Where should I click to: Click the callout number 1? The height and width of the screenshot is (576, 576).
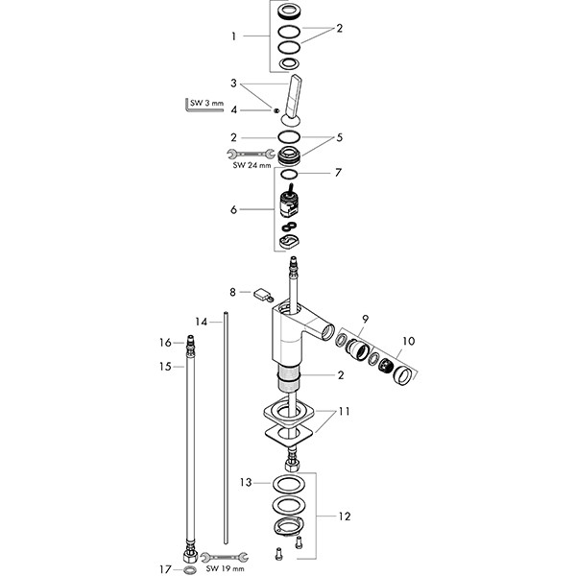click(233, 36)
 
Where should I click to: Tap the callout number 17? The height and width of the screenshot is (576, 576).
click(165, 569)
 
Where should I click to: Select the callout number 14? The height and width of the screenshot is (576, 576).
click(202, 322)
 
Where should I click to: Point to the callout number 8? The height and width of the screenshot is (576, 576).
click(232, 292)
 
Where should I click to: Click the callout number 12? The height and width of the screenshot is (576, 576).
click(345, 516)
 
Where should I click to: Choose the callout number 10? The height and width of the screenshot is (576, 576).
click(409, 341)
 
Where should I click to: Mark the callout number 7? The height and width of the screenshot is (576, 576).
click(338, 172)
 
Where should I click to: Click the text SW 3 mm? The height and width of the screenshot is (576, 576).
click(206, 103)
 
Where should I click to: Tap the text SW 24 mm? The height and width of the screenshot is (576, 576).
click(252, 165)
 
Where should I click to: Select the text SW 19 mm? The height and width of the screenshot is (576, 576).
click(225, 569)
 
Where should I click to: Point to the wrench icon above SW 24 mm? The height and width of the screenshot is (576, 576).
click(251, 154)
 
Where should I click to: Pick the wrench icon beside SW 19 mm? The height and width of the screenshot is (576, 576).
click(225, 557)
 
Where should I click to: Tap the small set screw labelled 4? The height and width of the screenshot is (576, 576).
click(276, 110)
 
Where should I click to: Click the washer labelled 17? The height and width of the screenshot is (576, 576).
click(189, 570)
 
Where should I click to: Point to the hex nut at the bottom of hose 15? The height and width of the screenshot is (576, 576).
click(190, 556)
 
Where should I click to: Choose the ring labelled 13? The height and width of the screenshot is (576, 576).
click(287, 484)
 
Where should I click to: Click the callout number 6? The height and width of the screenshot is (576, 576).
click(233, 209)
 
